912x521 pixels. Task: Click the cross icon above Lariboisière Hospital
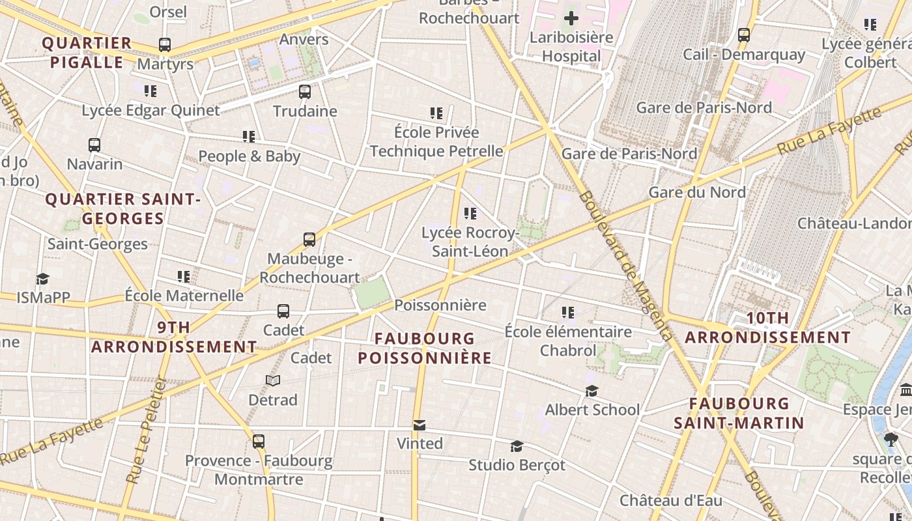(x=571, y=18)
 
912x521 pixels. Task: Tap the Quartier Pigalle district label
(x=87, y=53)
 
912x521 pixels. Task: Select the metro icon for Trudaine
(x=305, y=92)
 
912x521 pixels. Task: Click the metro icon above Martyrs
(x=165, y=45)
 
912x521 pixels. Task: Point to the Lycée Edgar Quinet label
(x=150, y=111)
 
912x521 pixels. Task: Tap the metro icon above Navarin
(x=94, y=145)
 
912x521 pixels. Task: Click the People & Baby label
(x=249, y=156)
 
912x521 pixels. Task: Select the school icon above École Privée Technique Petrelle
(x=436, y=113)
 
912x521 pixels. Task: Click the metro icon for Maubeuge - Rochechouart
(x=309, y=240)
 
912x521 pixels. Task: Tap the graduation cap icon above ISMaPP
(x=43, y=279)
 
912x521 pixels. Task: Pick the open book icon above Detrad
(x=273, y=380)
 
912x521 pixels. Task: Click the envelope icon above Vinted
(x=420, y=425)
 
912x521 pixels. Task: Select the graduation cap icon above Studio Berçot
(x=517, y=446)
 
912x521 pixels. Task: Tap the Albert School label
(x=592, y=410)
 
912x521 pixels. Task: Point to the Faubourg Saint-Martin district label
(x=739, y=414)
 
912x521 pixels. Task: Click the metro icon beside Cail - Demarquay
(x=744, y=35)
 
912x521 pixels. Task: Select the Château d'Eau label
(x=670, y=501)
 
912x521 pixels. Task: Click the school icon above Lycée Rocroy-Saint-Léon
(x=470, y=214)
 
